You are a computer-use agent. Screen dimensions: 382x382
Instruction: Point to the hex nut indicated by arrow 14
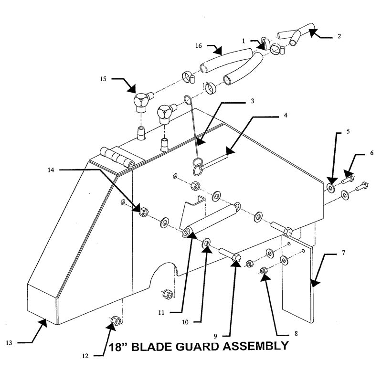click(x=142, y=211)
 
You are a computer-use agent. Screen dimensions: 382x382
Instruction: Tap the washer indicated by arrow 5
click(x=330, y=187)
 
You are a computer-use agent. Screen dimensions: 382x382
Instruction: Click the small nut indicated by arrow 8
click(x=264, y=271)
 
